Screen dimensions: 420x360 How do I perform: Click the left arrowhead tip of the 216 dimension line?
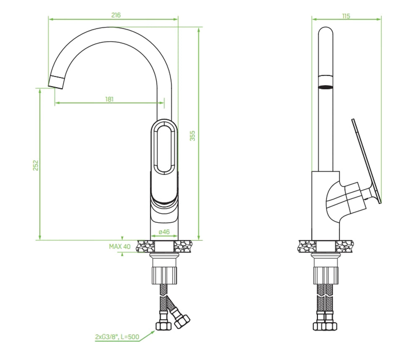pyautogui.click(x=49, y=19)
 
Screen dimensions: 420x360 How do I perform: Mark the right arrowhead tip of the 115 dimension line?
pyautogui.click(x=381, y=19)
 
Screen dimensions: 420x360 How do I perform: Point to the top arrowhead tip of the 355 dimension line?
pyautogui.click(x=199, y=27)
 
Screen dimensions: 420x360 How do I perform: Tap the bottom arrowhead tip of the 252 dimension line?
pyautogui.click(x=40, y=240)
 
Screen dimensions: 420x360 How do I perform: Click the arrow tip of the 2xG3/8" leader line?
pyautogui.click(x=155, y=331)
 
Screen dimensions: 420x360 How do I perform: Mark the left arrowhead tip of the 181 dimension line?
pyautogui.click(x=55, y=102)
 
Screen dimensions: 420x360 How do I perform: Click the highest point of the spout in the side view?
pyautogui.click(x=326, y=27)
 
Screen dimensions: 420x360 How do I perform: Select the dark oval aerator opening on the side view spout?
pyautogui.click(x=325, y=87)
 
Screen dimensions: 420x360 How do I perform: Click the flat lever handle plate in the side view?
pyautogui.click(x=366, y=161)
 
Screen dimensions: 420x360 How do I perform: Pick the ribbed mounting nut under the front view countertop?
pyautogui.click(x=165, y=275)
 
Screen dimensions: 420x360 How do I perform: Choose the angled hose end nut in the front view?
pyautogui.click(x=182, y=322)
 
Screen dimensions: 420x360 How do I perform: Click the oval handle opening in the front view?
pyautogui.click(x=164, y=149)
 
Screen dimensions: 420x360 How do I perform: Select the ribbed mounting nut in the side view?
pyautogui.click(x=325, y=275)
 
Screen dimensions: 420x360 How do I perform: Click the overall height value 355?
pyautogui.click(x=192, y=136)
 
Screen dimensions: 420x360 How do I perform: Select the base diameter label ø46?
pyautogui.click(x=164, y=232)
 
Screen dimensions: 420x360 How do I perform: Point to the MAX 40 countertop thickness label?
pyautogui.click(x=120, y=247)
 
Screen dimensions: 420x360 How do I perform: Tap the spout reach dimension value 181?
pyautogui.click(x=109, y=99)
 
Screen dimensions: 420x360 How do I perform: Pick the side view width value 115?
pyautogui.click(x=346, y=16)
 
